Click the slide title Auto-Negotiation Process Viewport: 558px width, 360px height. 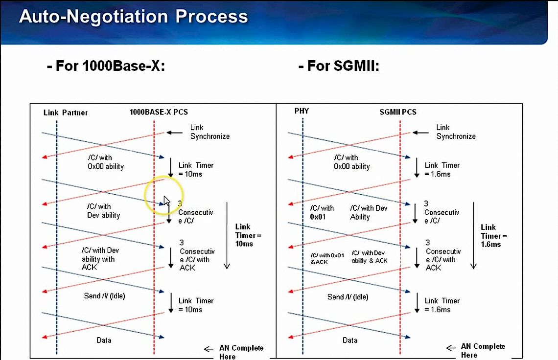pos(133,17)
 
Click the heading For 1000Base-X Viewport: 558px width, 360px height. pos(106,66)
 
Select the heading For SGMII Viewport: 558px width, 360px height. pos(339,66)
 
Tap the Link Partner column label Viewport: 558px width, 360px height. pos(66,112)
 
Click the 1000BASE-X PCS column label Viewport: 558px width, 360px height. pos(159,112)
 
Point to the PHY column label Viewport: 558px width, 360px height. pos(302,111)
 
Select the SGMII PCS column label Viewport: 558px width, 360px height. pos(397,112)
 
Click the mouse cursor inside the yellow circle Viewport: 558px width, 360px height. pos(166,201)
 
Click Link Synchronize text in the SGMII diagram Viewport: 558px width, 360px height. pos(456,132)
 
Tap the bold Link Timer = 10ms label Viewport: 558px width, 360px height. pos(248,235)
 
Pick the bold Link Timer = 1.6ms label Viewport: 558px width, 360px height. pos(493,235)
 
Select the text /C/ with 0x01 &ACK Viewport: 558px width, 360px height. pos(327,258)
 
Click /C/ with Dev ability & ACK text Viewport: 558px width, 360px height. pos(369,257)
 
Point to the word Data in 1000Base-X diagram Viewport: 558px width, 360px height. pos(104,340)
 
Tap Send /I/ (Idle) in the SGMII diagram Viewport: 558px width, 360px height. pos(348,297)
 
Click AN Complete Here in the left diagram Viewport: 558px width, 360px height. pos(241,352)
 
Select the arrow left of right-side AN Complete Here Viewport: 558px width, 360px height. pos(451,348)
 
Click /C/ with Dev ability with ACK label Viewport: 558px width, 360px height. pos(100,259)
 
